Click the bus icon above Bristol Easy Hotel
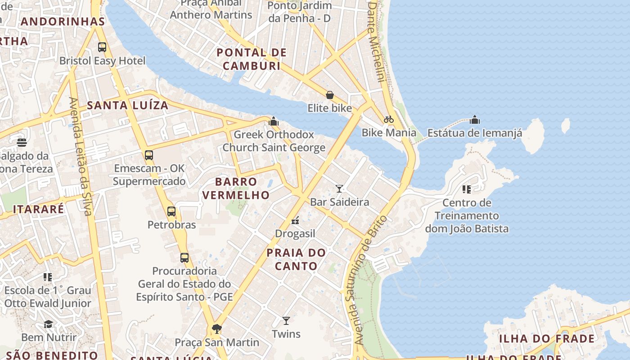pos(102,47)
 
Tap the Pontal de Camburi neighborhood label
pos(252,59)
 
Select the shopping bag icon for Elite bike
pos(330,95)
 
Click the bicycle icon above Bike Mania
pos(389,119)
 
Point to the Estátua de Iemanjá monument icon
pos(474,120)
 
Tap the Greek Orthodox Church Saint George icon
pos(274,121)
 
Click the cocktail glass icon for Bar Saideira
pos(339,189)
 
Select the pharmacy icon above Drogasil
pos(295,220)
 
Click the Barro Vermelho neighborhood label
pos(236,188)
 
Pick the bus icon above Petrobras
pos(171,211)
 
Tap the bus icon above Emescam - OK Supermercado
pos(149,155)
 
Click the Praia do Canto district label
pos(296,259)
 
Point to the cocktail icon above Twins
pos(286,321)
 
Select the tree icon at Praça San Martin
pos(216,329)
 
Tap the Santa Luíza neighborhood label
pos(127,105)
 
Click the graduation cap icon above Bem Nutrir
pos(48,324)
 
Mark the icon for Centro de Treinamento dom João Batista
pos(466,189)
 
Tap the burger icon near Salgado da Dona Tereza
pos(22,143)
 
